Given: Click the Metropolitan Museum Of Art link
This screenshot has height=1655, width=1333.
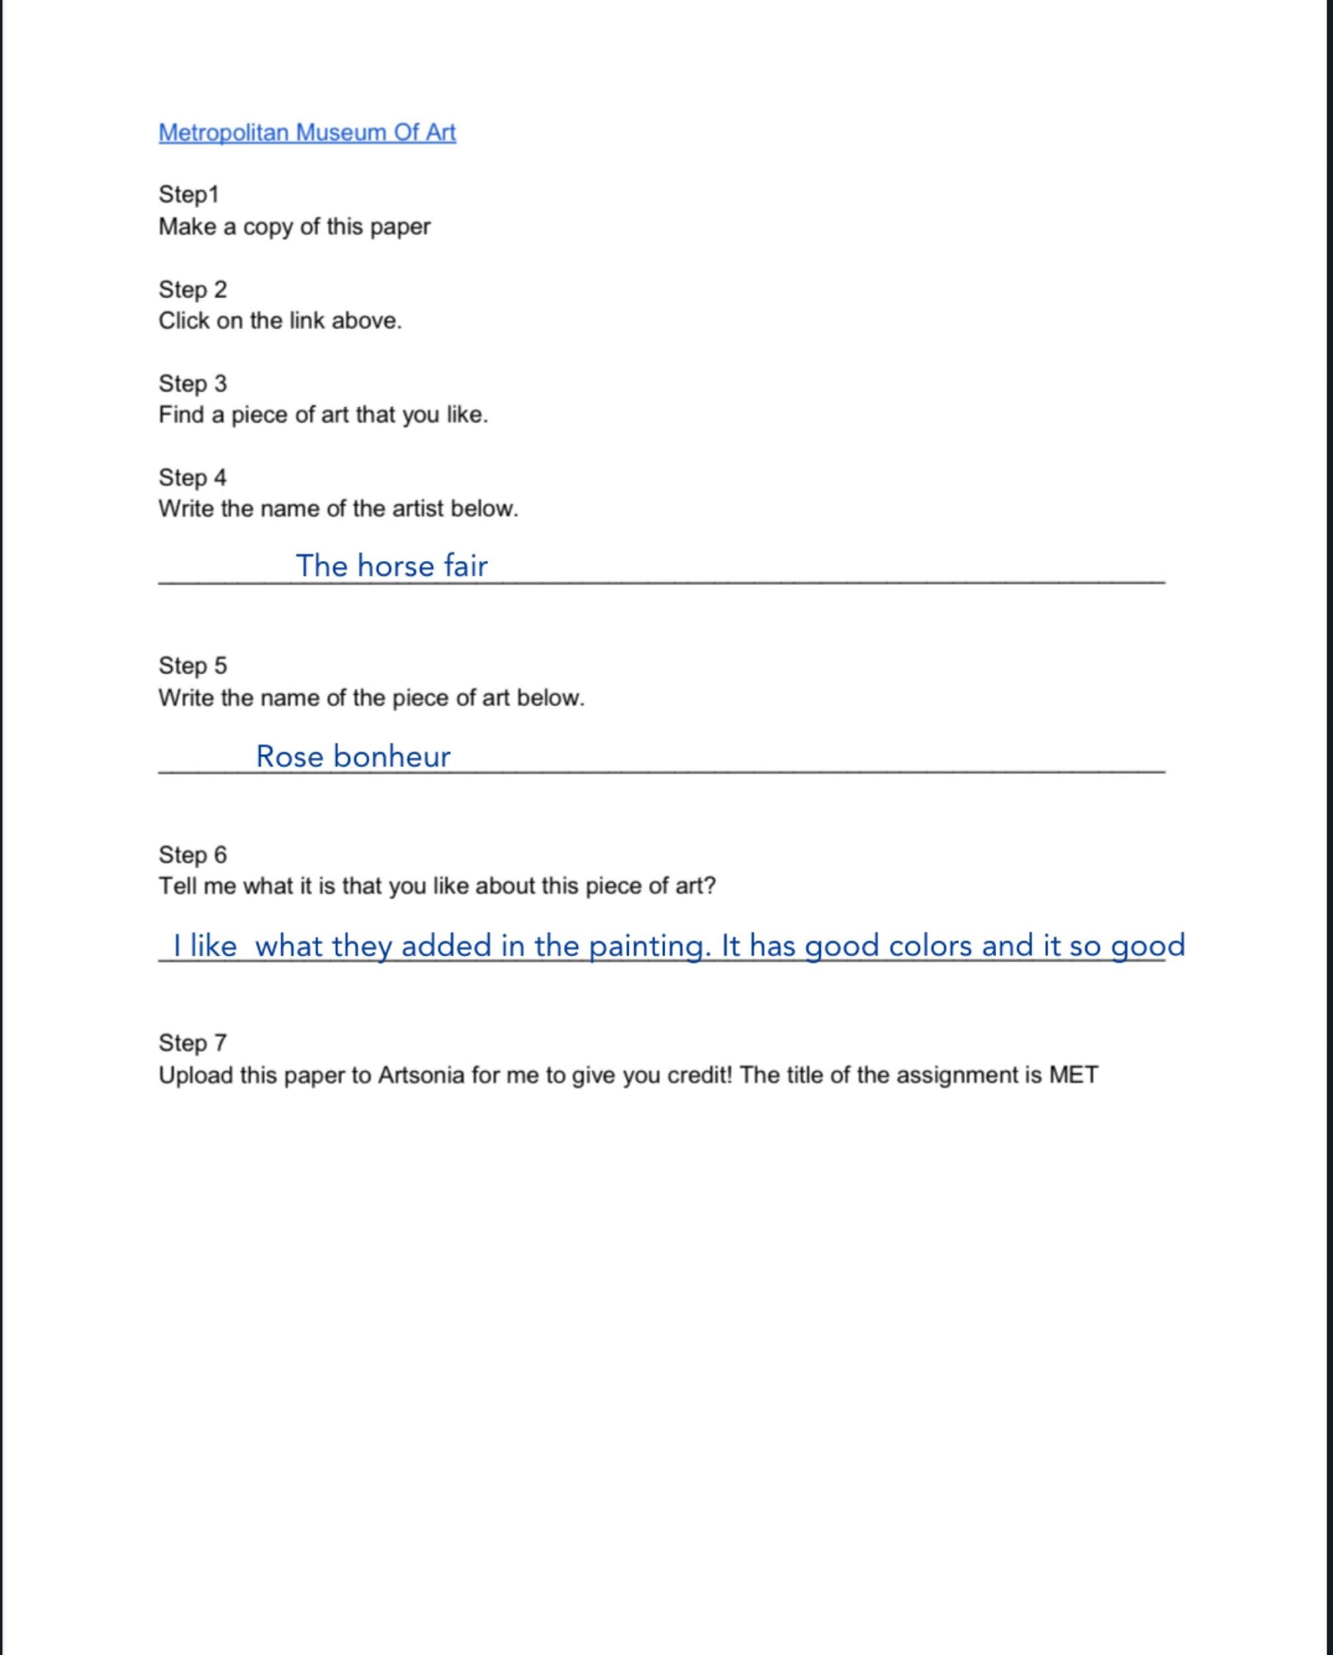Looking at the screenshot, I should tap(307, 133).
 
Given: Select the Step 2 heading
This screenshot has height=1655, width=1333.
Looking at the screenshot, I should tap(193, 289).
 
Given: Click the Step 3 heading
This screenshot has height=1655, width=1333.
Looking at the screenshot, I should tap(193, 383).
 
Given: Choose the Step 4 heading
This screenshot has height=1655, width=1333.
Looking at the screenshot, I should tap(193, 477).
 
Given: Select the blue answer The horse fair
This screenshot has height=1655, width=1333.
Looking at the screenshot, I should tap(391, 566).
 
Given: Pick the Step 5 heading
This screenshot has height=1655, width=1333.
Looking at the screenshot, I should tap(193, 665).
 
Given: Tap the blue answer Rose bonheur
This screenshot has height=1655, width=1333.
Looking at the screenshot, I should tap(353, 756).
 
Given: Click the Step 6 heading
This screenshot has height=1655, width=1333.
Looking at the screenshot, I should tap(193, 855).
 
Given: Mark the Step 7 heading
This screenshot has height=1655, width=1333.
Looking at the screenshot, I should tap(193, 1043).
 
